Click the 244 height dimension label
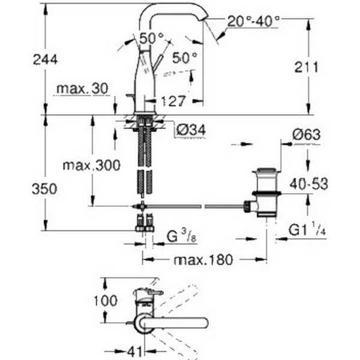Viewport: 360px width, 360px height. point(45,59)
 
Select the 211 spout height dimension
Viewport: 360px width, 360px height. point(307,67)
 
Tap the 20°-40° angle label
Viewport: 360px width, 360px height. point(253,22)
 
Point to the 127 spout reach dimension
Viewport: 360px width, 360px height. point(173,101)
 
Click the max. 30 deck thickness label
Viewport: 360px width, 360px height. point(82,88)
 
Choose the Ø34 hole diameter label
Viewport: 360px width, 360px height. point(191,130)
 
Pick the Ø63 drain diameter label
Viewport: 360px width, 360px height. point(306,135)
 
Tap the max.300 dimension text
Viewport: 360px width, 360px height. point(91,166)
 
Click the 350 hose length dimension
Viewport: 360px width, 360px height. point(44,189)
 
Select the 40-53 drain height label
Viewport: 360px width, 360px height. point(309,184)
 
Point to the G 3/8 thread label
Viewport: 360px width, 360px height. point(182,236)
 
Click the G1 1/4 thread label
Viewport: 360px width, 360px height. point(307,229)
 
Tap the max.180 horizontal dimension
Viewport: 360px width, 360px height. point(203,260)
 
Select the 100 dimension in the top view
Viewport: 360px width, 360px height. point(106,301)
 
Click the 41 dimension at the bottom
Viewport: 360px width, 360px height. point(135,351)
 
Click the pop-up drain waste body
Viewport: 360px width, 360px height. point(266,193)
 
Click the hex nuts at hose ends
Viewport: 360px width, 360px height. point(145,229)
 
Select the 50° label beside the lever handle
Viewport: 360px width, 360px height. point(185,58)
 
